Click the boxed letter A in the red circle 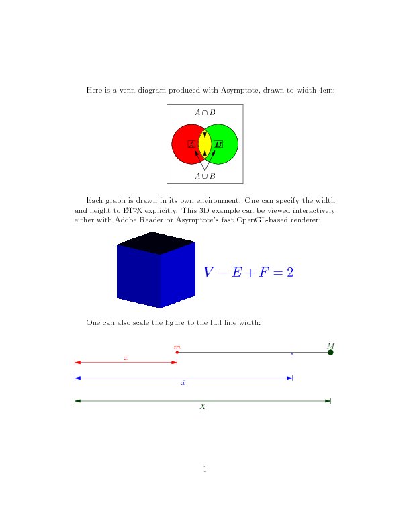(191, 144)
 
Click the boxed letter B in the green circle (218, 144)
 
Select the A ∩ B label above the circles (205, 112)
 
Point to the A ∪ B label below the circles (205, 176)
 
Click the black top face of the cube (155, 242)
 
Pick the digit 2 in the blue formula (290, 272)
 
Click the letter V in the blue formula (210, 272)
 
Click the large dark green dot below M (330, 352)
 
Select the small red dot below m (177, 352)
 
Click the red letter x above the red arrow (126, 358)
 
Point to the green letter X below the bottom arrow (203, 406)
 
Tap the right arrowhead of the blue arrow (289, 378)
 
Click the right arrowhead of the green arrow (328, 401)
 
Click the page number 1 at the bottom (205, 468)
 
